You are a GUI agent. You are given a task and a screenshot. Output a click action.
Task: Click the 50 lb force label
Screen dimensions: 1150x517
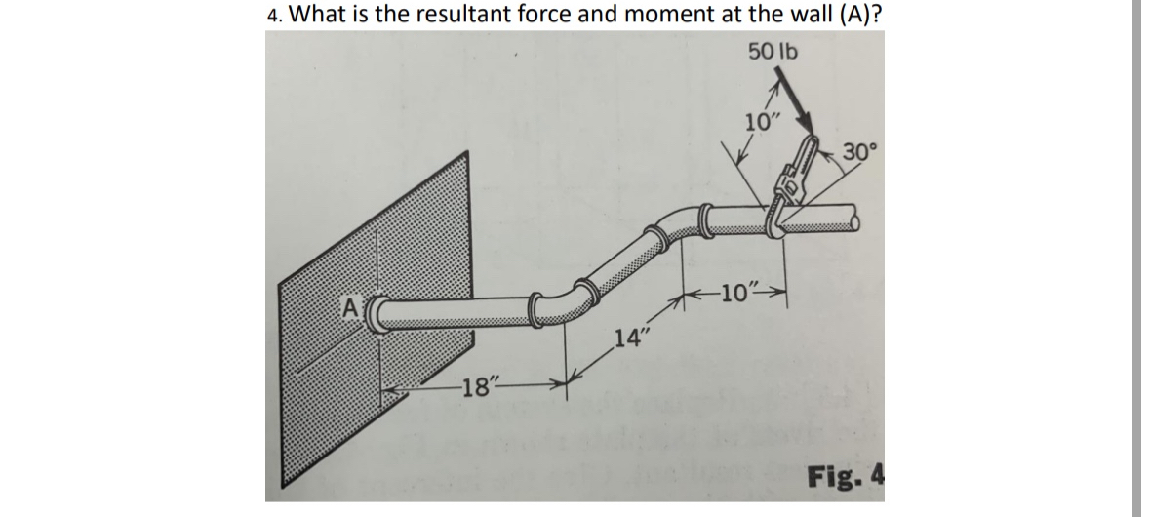[773, 51]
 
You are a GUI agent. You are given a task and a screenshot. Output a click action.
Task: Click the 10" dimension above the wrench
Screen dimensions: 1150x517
[762, 123]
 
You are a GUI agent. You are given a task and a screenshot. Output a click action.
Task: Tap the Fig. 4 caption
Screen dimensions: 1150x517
[845, 477]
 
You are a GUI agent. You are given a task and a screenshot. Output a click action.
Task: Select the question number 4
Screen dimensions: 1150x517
[274, 15]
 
